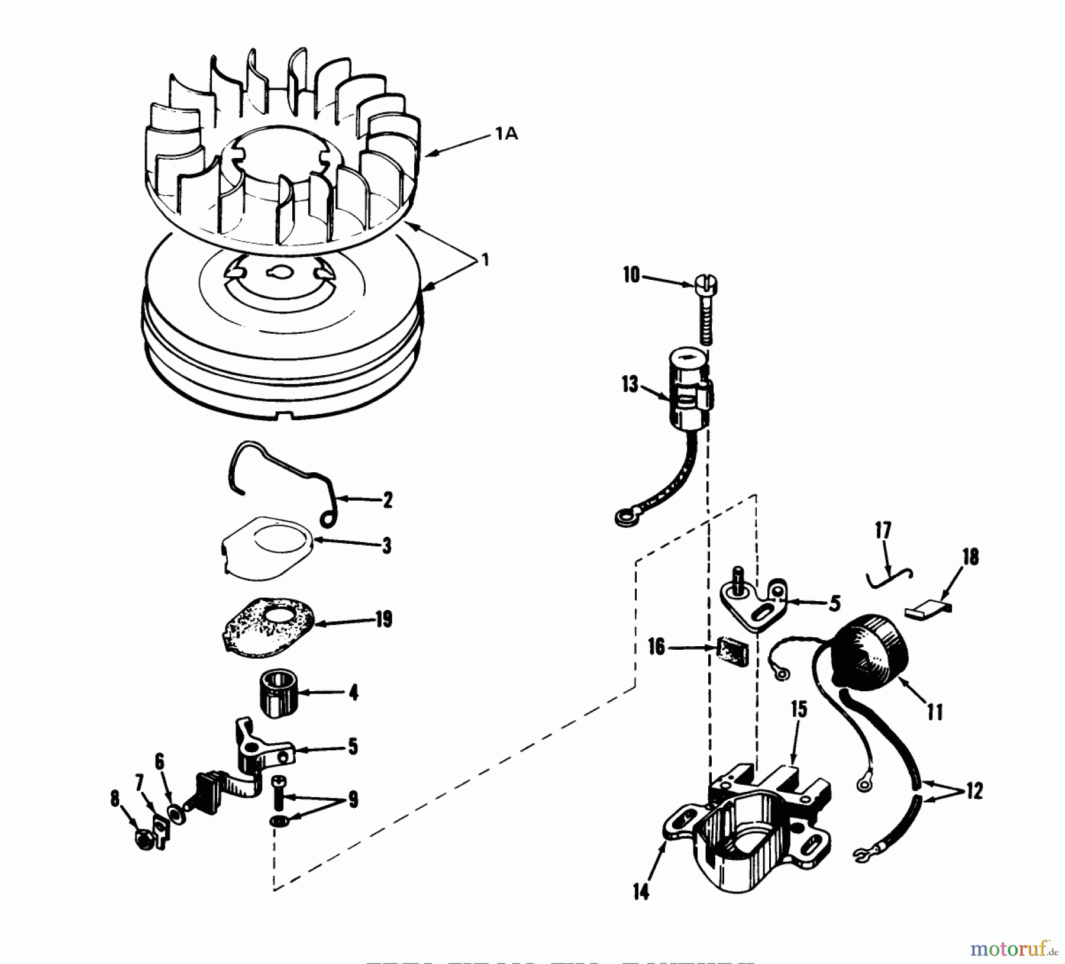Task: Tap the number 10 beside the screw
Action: coord(631,275)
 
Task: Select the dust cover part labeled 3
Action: coord(266,547)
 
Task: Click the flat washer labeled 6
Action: coord(176,814)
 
